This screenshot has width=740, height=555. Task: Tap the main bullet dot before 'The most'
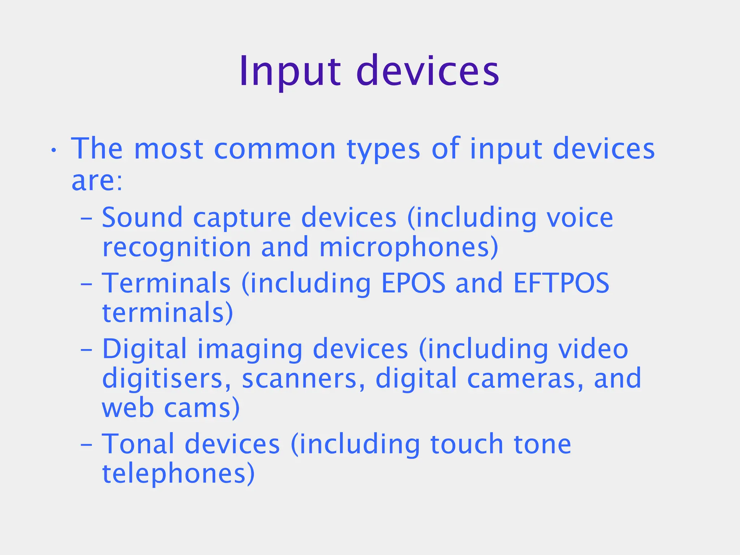point(53,150)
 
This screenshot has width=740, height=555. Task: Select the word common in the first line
point(275,149)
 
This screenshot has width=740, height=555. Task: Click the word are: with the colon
point(97,181)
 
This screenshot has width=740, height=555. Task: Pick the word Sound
point(142,218)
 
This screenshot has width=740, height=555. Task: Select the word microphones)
point(409,248)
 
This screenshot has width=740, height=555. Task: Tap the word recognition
point(177,248)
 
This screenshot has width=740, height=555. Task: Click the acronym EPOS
point(413,283)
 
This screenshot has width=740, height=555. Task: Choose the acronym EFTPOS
point(561,283)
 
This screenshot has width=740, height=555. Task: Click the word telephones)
point(178,474)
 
